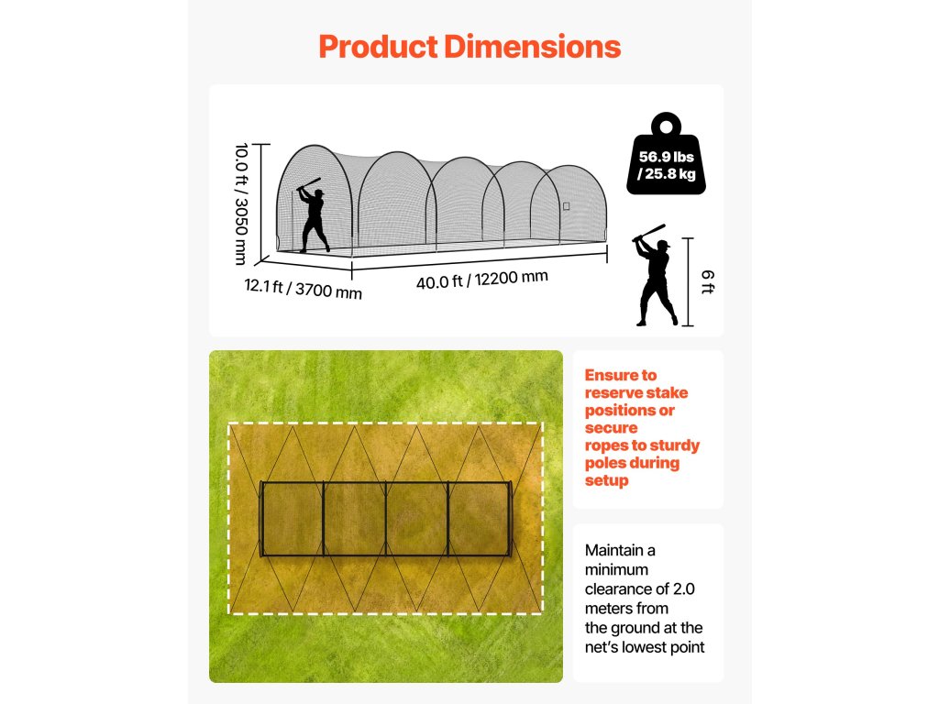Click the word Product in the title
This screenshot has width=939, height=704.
[x=377, y=47]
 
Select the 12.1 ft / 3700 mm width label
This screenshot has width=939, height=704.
[x=303, y=288]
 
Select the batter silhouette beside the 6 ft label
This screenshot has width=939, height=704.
[x=656, y=280]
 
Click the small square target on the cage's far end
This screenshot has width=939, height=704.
[x=567, y=206]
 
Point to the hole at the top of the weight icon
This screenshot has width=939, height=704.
[x=667, y=123]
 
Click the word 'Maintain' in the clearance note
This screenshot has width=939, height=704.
[x=614, y=550]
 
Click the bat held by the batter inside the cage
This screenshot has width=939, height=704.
[x=309, y=183]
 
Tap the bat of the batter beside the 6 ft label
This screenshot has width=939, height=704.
[x=648, y=232]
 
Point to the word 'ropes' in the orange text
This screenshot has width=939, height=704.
[x=607, y=445]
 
